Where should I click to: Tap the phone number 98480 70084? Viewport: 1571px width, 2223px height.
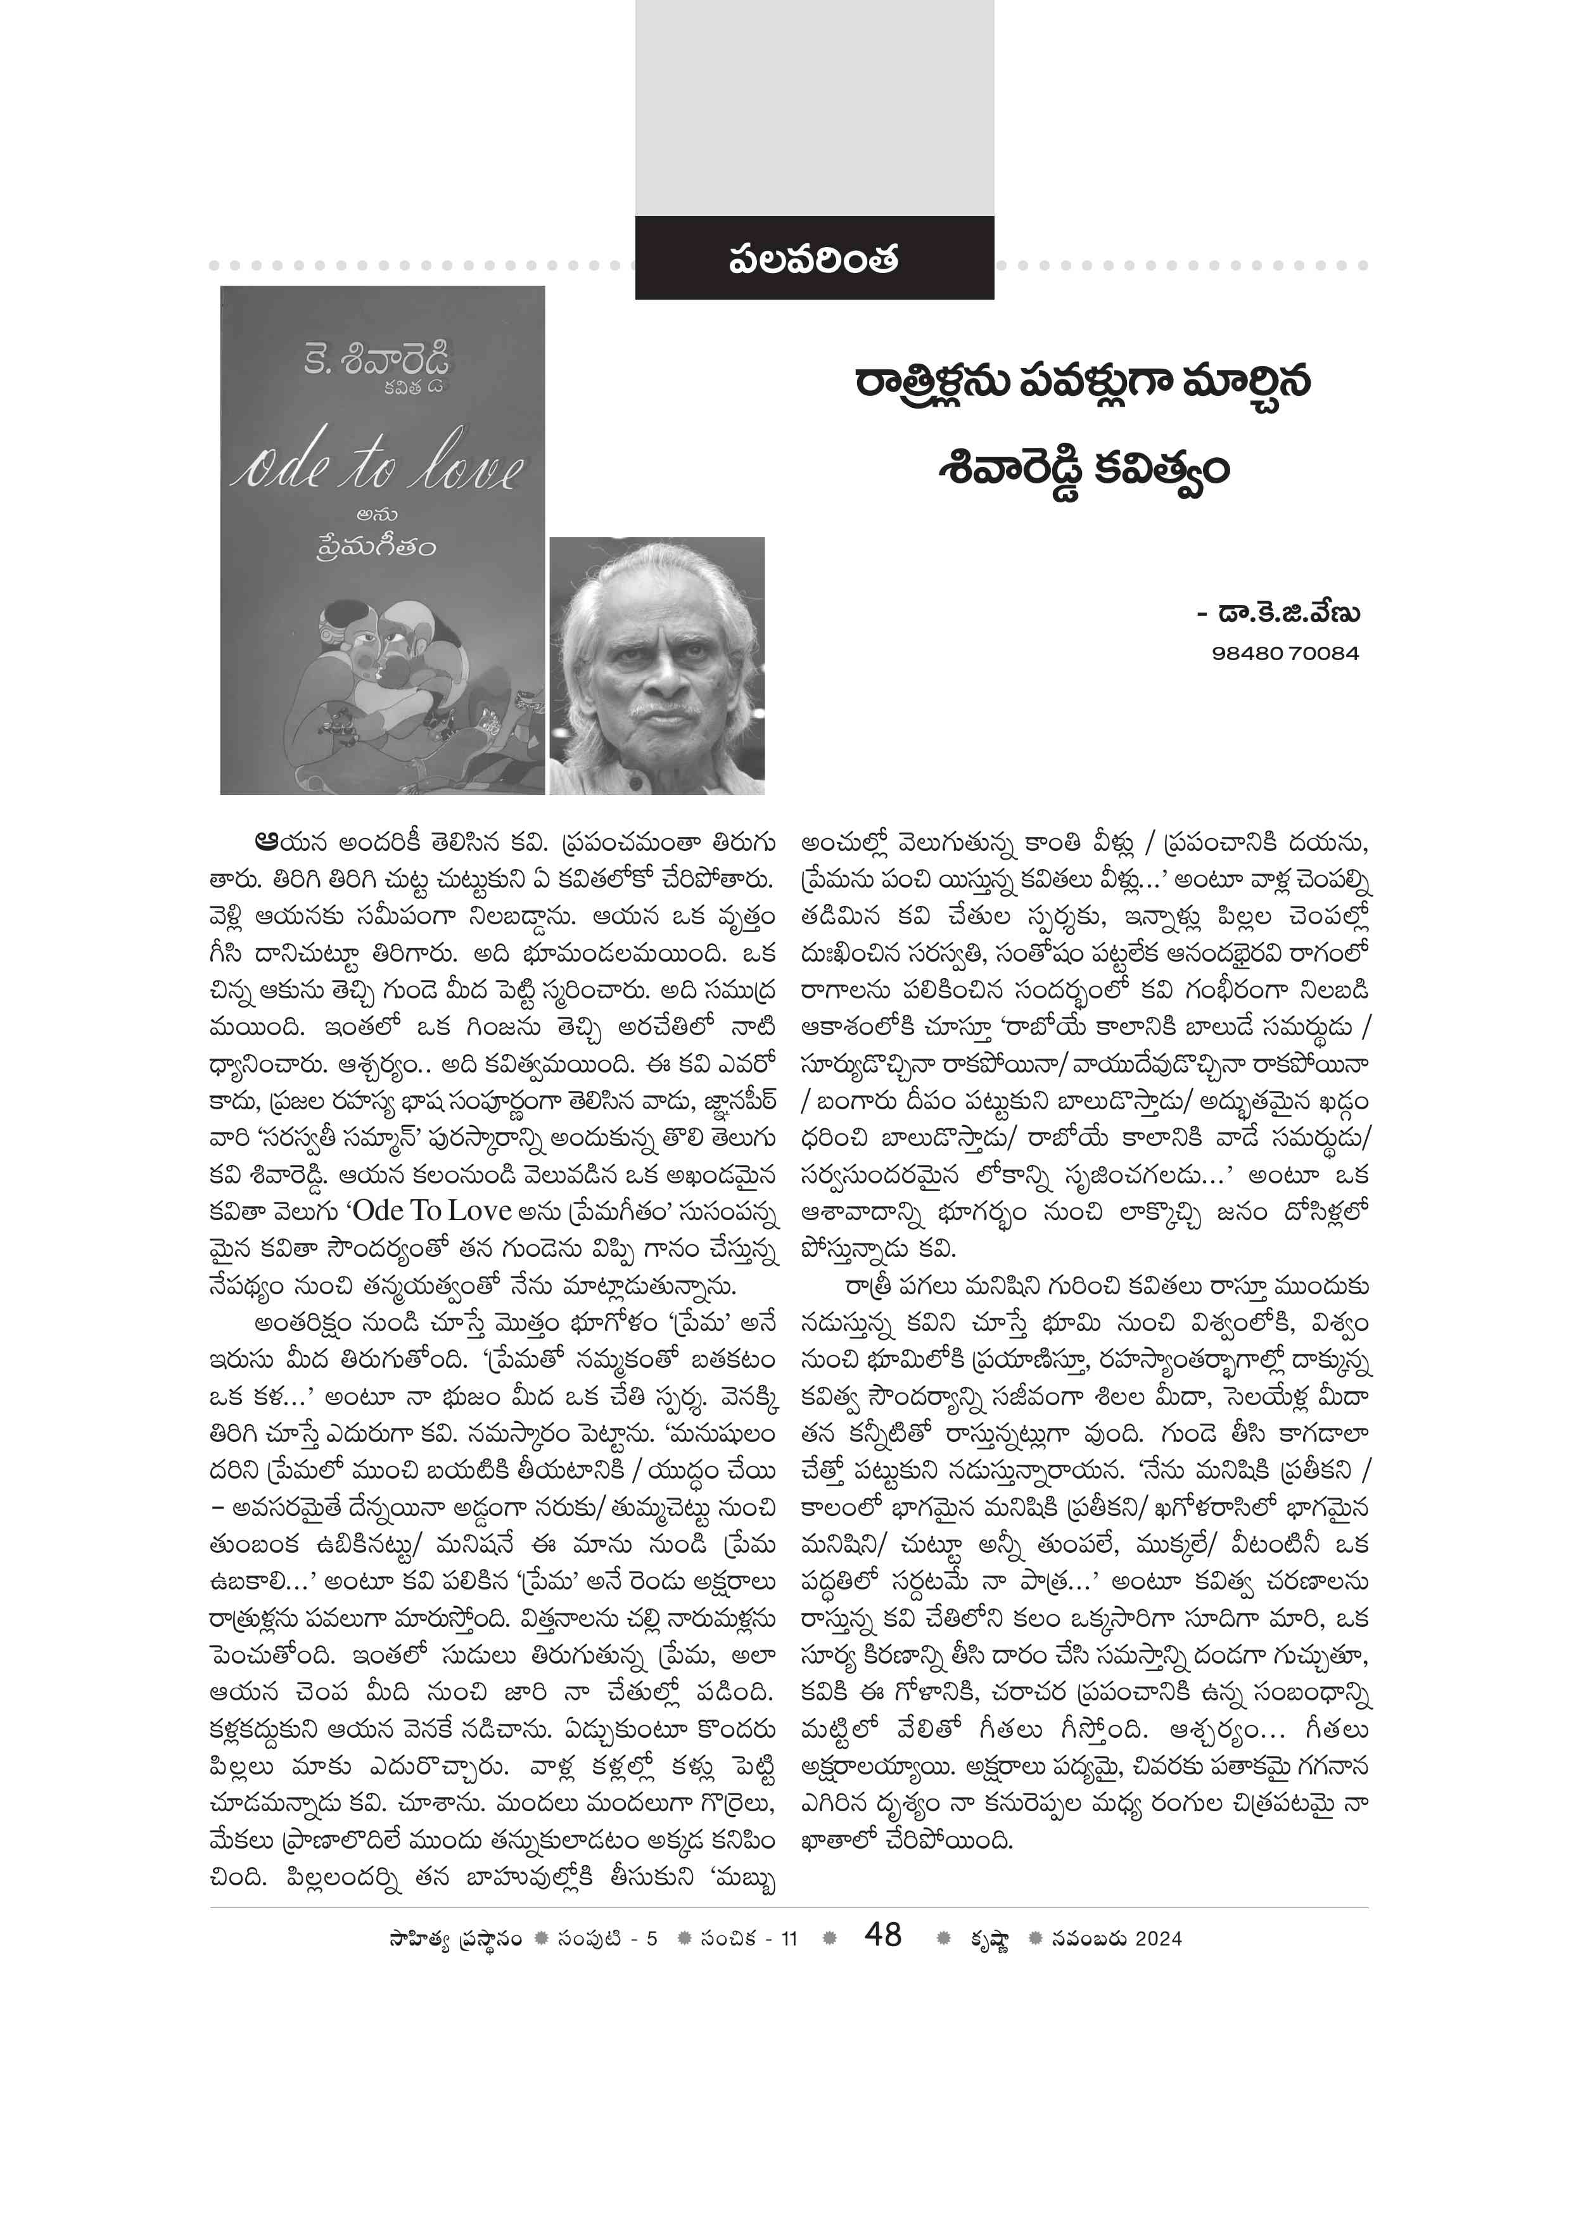click(1285, 654)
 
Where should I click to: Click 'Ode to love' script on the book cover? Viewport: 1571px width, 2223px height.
click(378, 469)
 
